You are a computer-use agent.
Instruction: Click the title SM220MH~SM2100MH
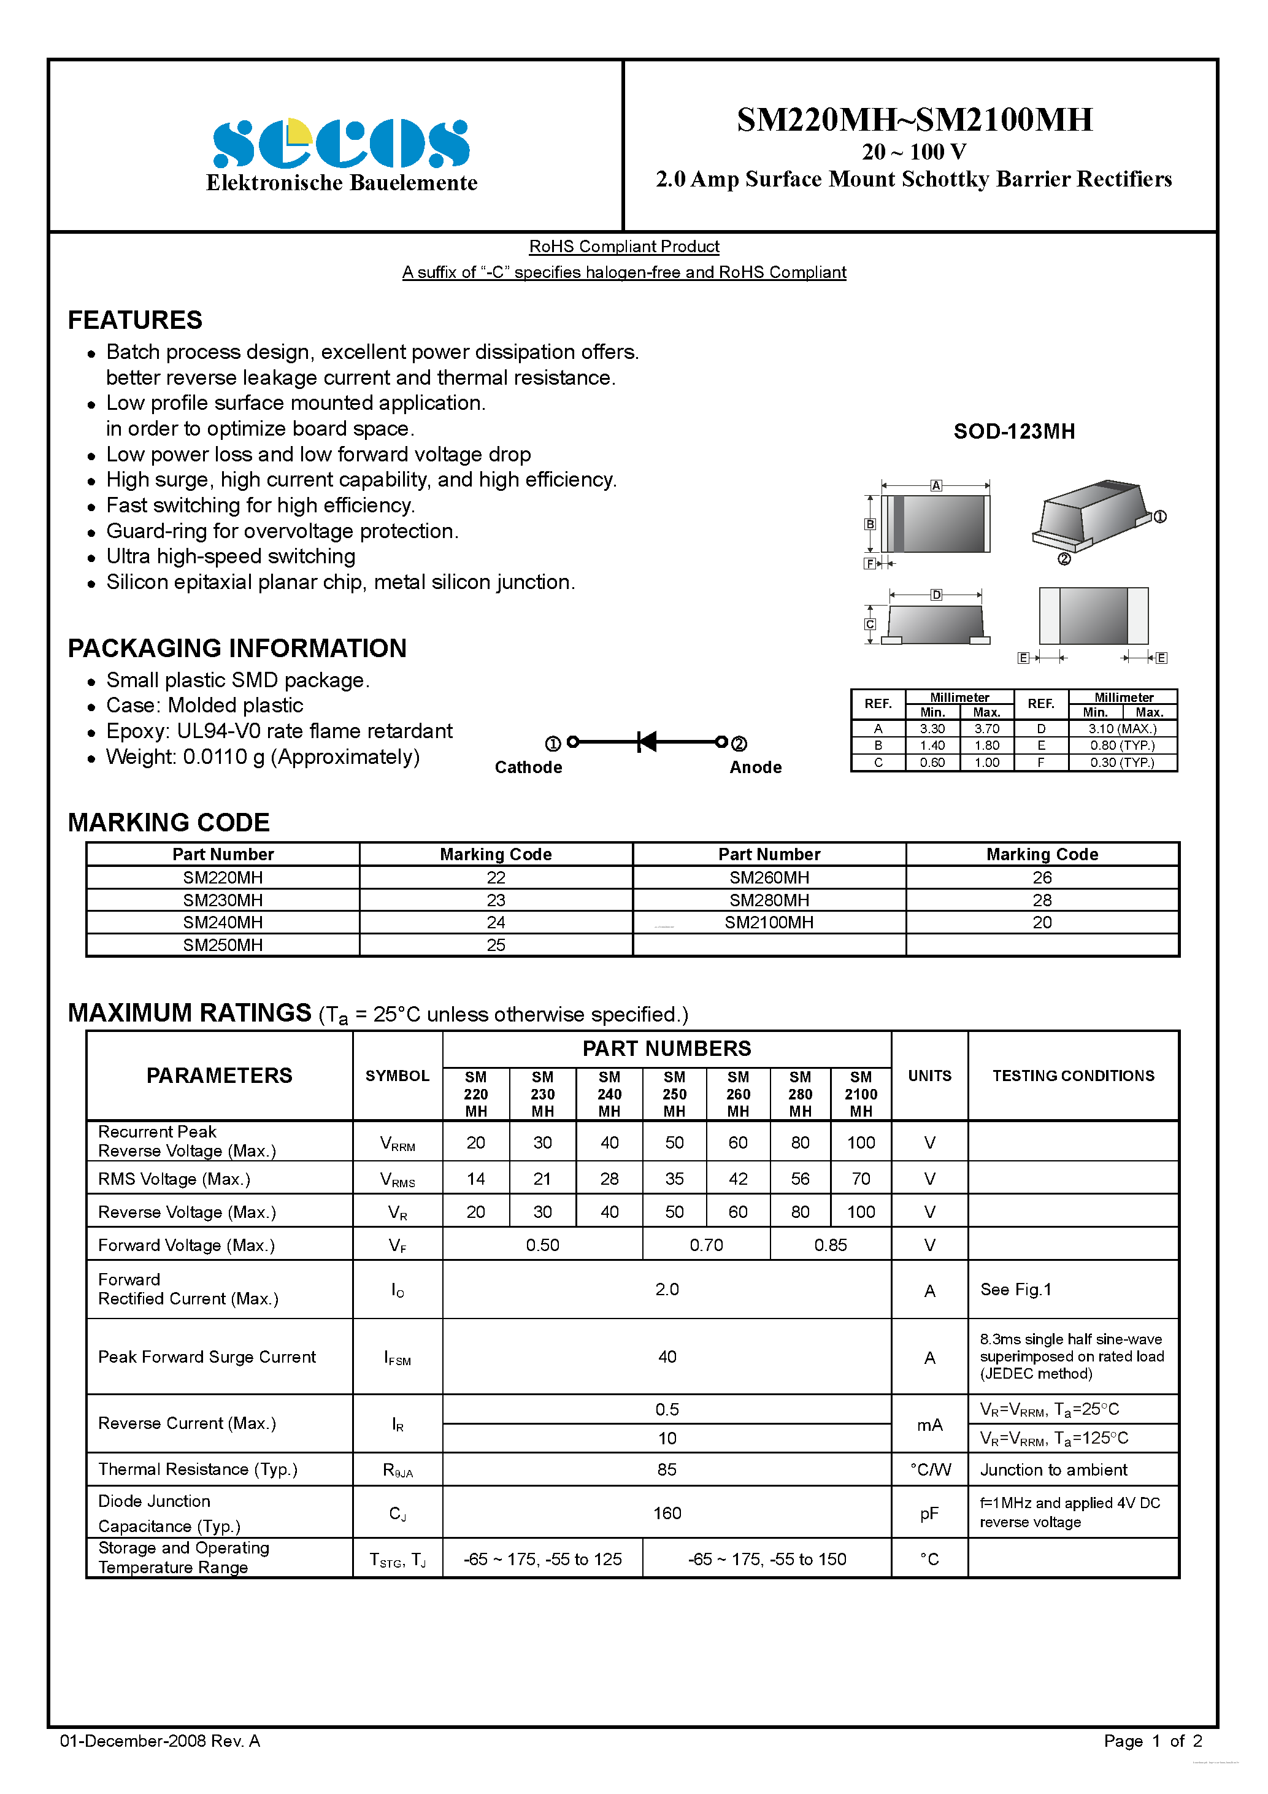click(914, 120)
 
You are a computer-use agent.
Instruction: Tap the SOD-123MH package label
click(1013, 431)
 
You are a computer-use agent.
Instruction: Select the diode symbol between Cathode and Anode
click(647, 742)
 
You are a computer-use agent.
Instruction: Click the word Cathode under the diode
click(528, 768)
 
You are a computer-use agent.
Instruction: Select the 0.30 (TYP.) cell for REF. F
click(1122, 763)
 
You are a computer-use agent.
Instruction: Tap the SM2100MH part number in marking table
click(769, 922)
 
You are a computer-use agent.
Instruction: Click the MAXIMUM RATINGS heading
click(190, 1012)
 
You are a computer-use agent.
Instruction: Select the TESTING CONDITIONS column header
click(1073, 1076)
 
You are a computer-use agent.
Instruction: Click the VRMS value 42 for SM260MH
click(737, 1178)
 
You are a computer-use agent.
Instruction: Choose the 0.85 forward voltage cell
click(830, 1245)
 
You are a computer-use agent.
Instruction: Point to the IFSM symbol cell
click(397, 1358)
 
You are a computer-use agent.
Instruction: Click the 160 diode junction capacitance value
click(666, 1513)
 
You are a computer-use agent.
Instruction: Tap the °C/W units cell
click(930, 1469)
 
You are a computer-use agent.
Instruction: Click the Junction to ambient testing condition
click(1053, 1469)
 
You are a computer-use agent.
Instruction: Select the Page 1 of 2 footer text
click(1153, 1741)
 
